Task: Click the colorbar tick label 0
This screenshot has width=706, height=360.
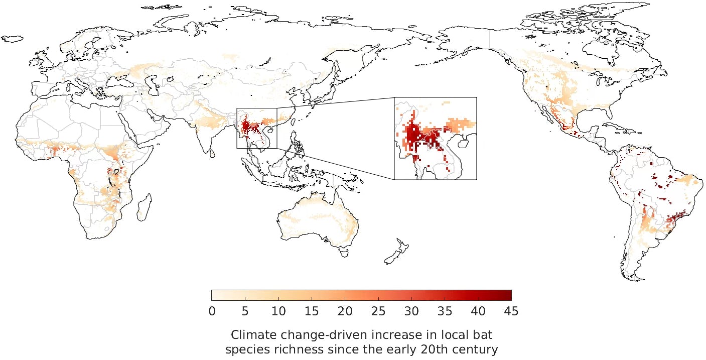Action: tap(212, 311)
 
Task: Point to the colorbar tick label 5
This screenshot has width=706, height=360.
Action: tap(245, 311)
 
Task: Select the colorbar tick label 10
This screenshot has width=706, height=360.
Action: tap(278, 311)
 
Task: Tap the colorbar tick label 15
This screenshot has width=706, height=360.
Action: tap(312, 311)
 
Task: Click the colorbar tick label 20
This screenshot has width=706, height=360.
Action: tap(345, 311)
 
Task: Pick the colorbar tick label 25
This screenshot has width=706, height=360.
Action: tap(378, 311)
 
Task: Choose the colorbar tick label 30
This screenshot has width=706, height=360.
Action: tap(411, 311)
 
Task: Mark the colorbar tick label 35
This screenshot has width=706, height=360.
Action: tap(445, 311)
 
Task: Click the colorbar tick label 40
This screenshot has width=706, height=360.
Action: tap(478, 311)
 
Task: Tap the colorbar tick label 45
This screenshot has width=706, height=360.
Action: tap(511, 311)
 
